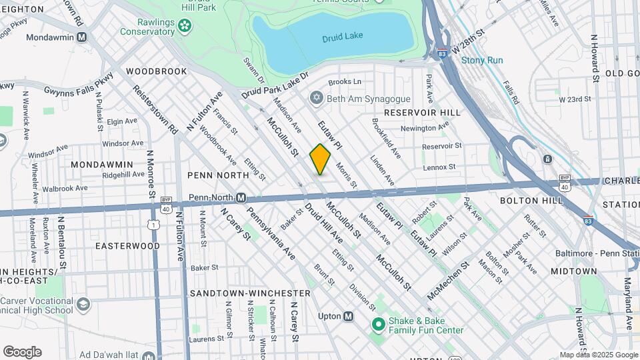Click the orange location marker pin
tap(321, 159)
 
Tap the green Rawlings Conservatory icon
tap(185, 26)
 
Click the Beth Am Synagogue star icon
tap(317, 99)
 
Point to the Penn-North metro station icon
tap(242, 198)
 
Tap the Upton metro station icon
tap(348, 317)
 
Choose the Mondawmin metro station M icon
tap(81, 37)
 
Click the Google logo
tap(22, 352)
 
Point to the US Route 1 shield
tap(155, 225)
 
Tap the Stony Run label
tap(482, 60)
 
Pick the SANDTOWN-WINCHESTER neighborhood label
tap(250, 293)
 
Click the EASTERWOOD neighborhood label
tap(127, 245)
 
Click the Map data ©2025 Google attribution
tap(597, 355)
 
